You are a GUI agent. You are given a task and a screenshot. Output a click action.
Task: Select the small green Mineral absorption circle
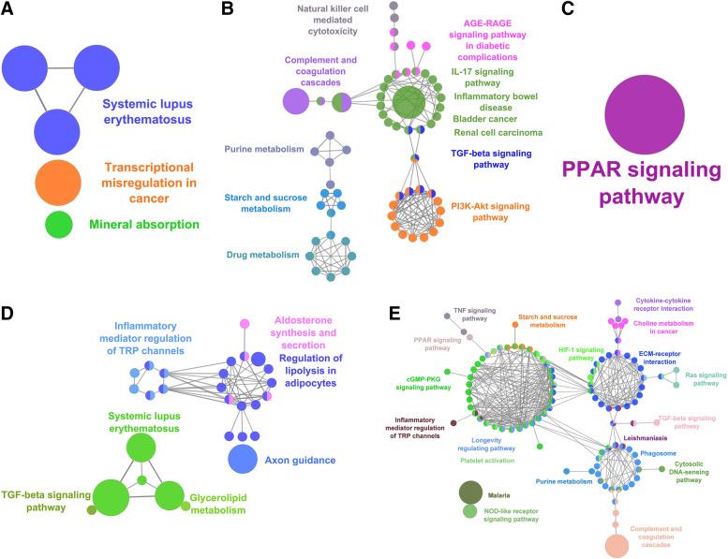coord(59,226)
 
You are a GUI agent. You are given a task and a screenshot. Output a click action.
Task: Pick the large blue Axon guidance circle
coord(244,459)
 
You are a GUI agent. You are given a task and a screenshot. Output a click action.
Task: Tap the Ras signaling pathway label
coord(700,377)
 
